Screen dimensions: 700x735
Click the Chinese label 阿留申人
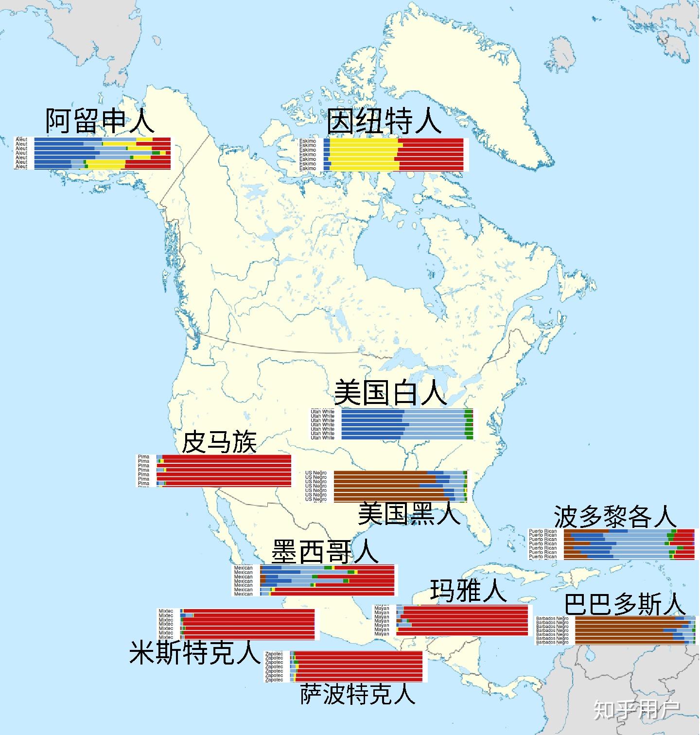tap(100, 121)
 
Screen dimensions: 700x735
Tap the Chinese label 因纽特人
tap(384, 122)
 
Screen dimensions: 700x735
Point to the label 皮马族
tap(219, 442)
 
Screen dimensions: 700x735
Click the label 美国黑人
tap(409, 513)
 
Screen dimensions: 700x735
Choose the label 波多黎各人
tap(615, 516)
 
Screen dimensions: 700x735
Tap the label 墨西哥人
tap(325, 551)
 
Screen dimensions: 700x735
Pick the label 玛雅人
tap(468, 591)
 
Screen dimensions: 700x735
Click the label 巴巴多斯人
tap(625, 605)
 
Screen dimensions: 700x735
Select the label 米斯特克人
tap(194, 653)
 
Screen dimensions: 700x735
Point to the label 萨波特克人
tap(358, 694)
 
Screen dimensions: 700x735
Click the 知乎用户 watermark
tap(637, 710)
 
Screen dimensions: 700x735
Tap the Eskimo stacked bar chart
tap(382, 155)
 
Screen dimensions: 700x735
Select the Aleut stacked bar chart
tap(92, 153)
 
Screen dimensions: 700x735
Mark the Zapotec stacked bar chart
tap(345, 666)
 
